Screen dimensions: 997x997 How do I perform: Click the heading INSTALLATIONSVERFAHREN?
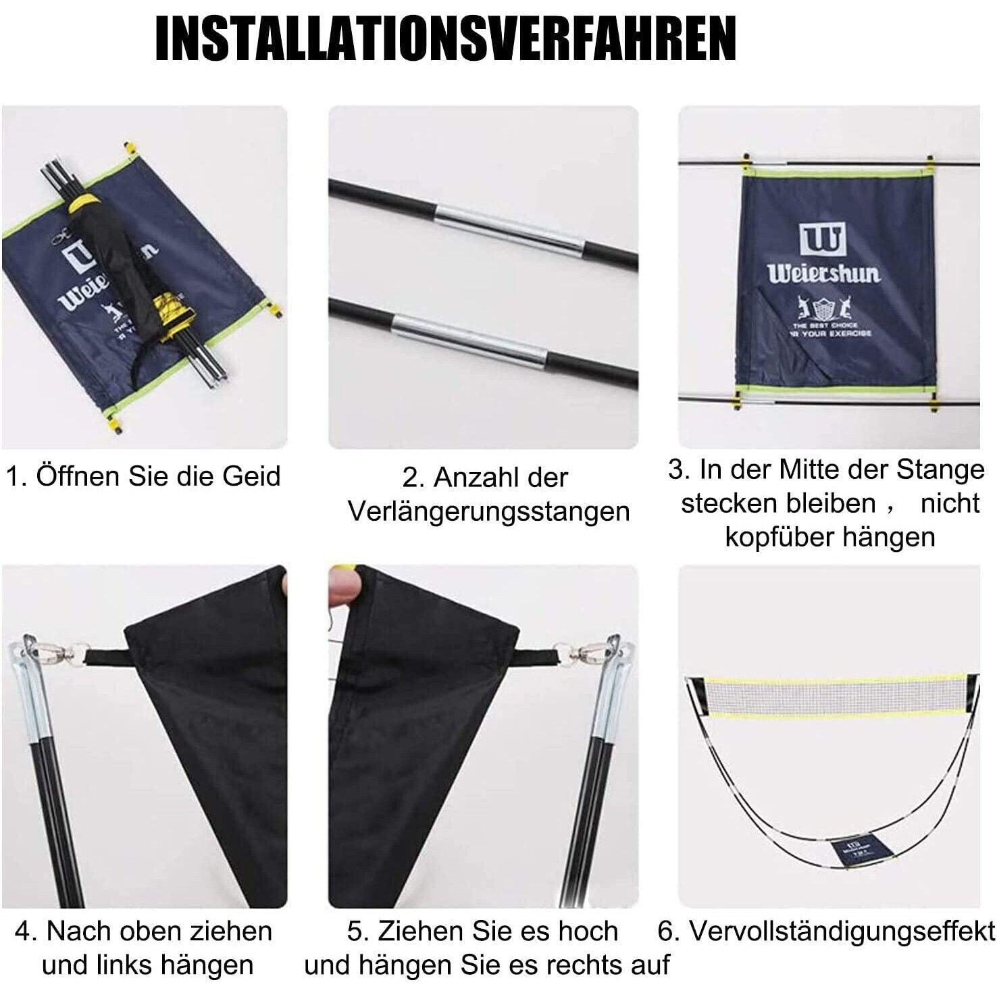tap(446, 40)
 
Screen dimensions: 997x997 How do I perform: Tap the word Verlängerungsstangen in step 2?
tap(488, 511)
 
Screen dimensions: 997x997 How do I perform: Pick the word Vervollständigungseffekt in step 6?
tap(842, 931)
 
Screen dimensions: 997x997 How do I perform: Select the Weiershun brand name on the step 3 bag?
tap(823, 274)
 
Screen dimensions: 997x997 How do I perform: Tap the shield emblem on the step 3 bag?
tap(821, 309)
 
